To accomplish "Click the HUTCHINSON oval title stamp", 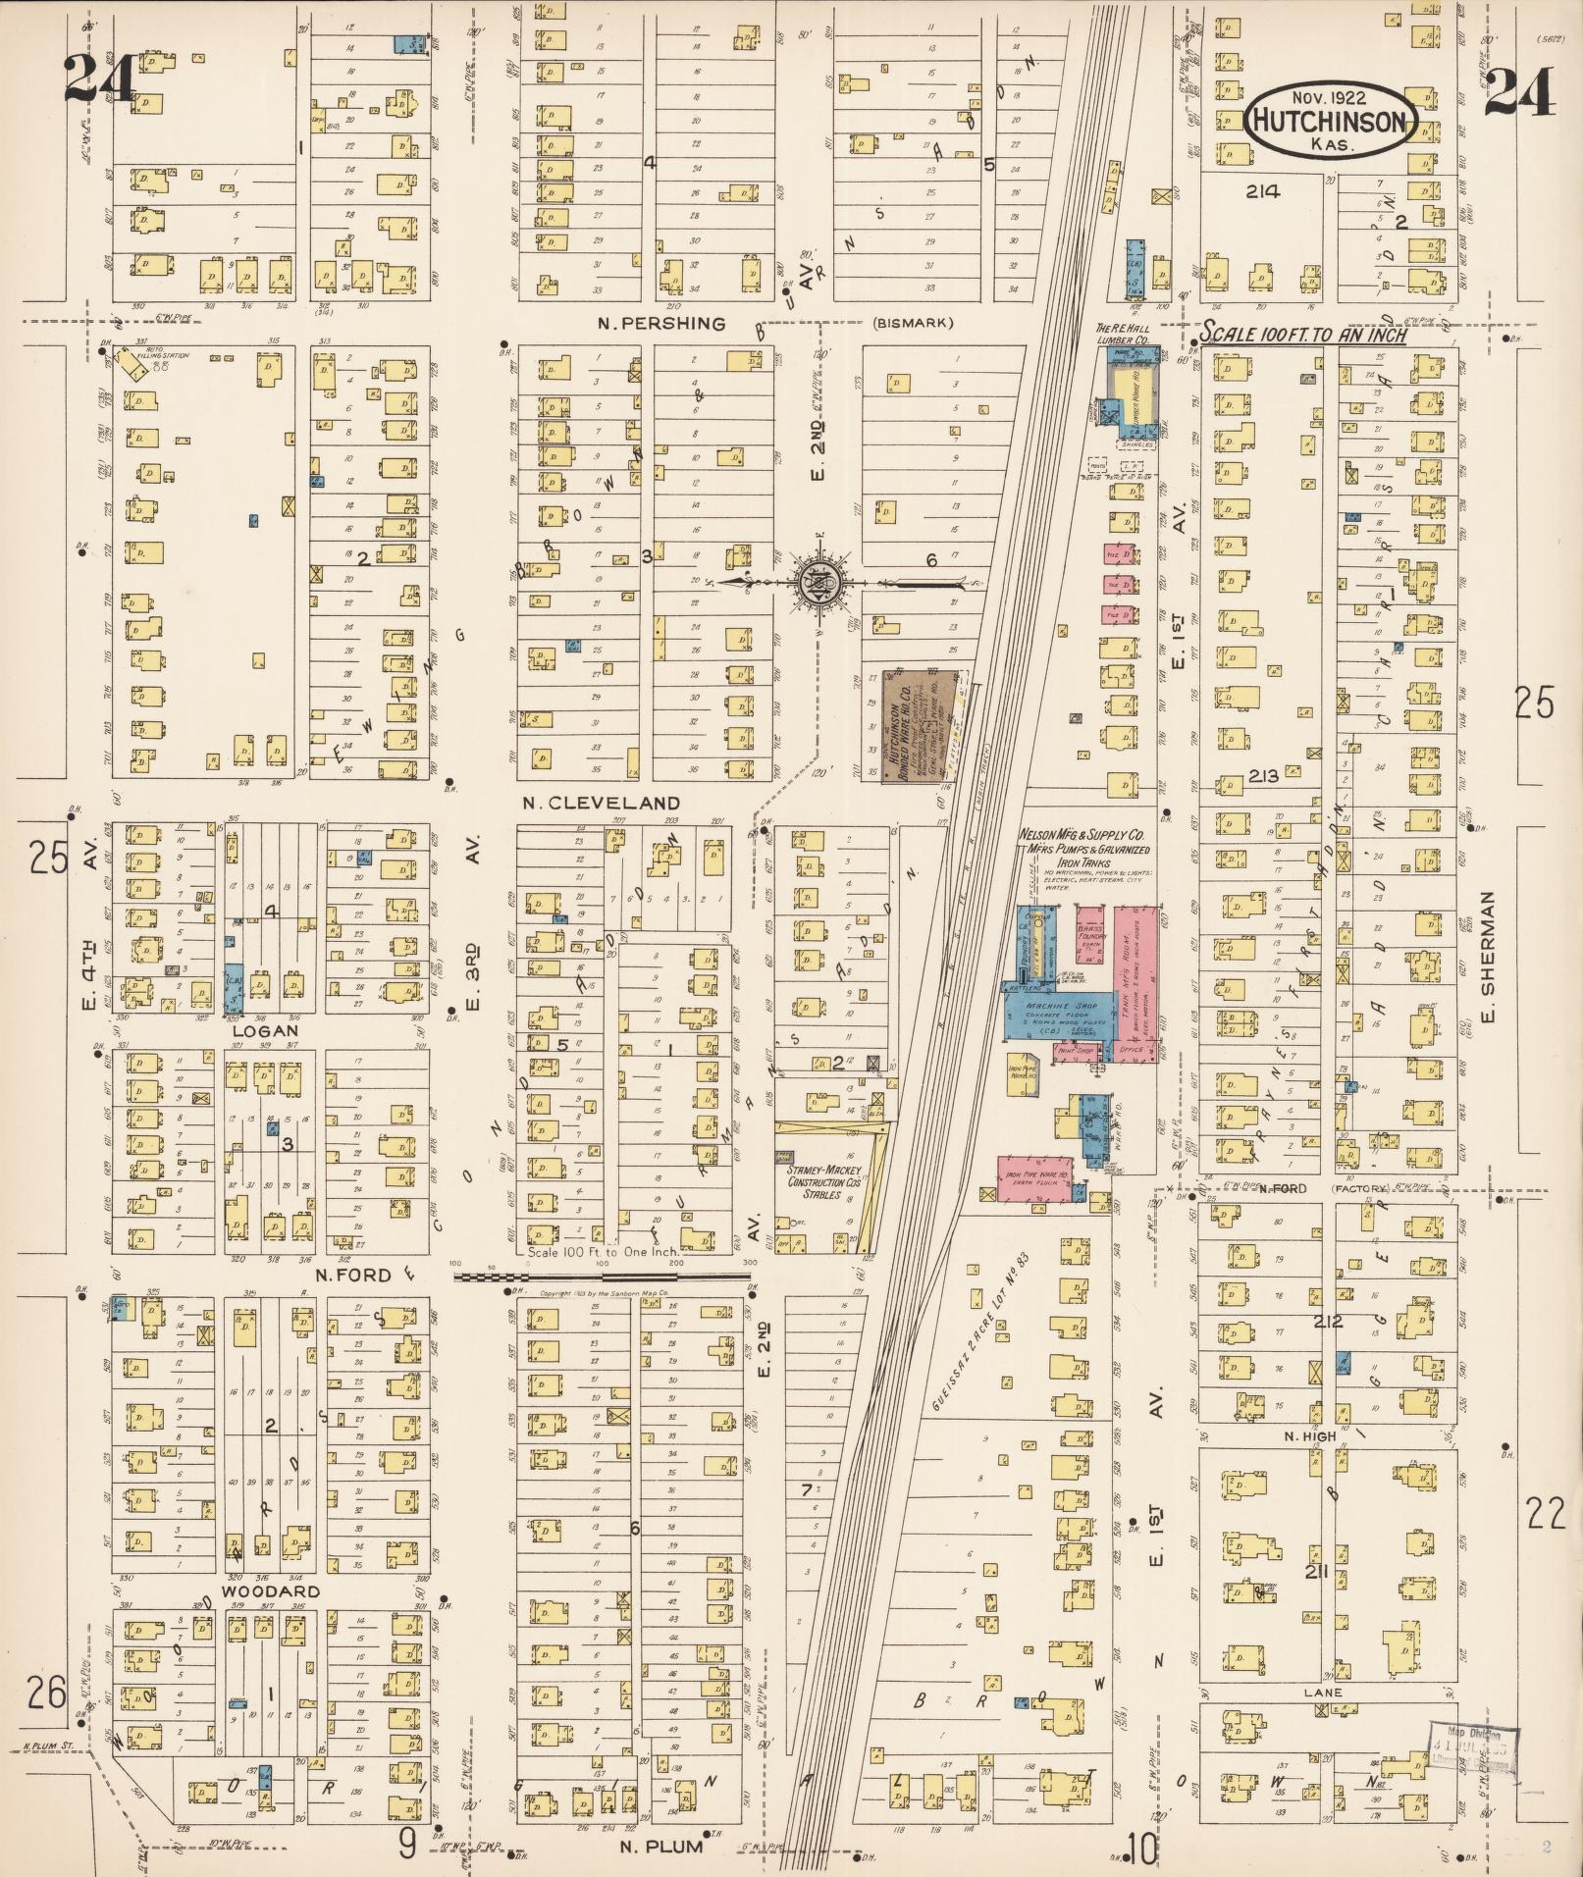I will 1333,121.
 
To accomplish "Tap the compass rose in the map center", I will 822,581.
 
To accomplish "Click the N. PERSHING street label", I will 661,323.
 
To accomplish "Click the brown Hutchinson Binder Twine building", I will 909,725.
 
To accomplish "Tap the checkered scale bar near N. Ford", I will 601,1277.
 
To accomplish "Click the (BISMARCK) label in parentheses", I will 912,323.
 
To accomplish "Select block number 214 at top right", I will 1262,191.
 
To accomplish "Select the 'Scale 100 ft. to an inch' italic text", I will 1305,335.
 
